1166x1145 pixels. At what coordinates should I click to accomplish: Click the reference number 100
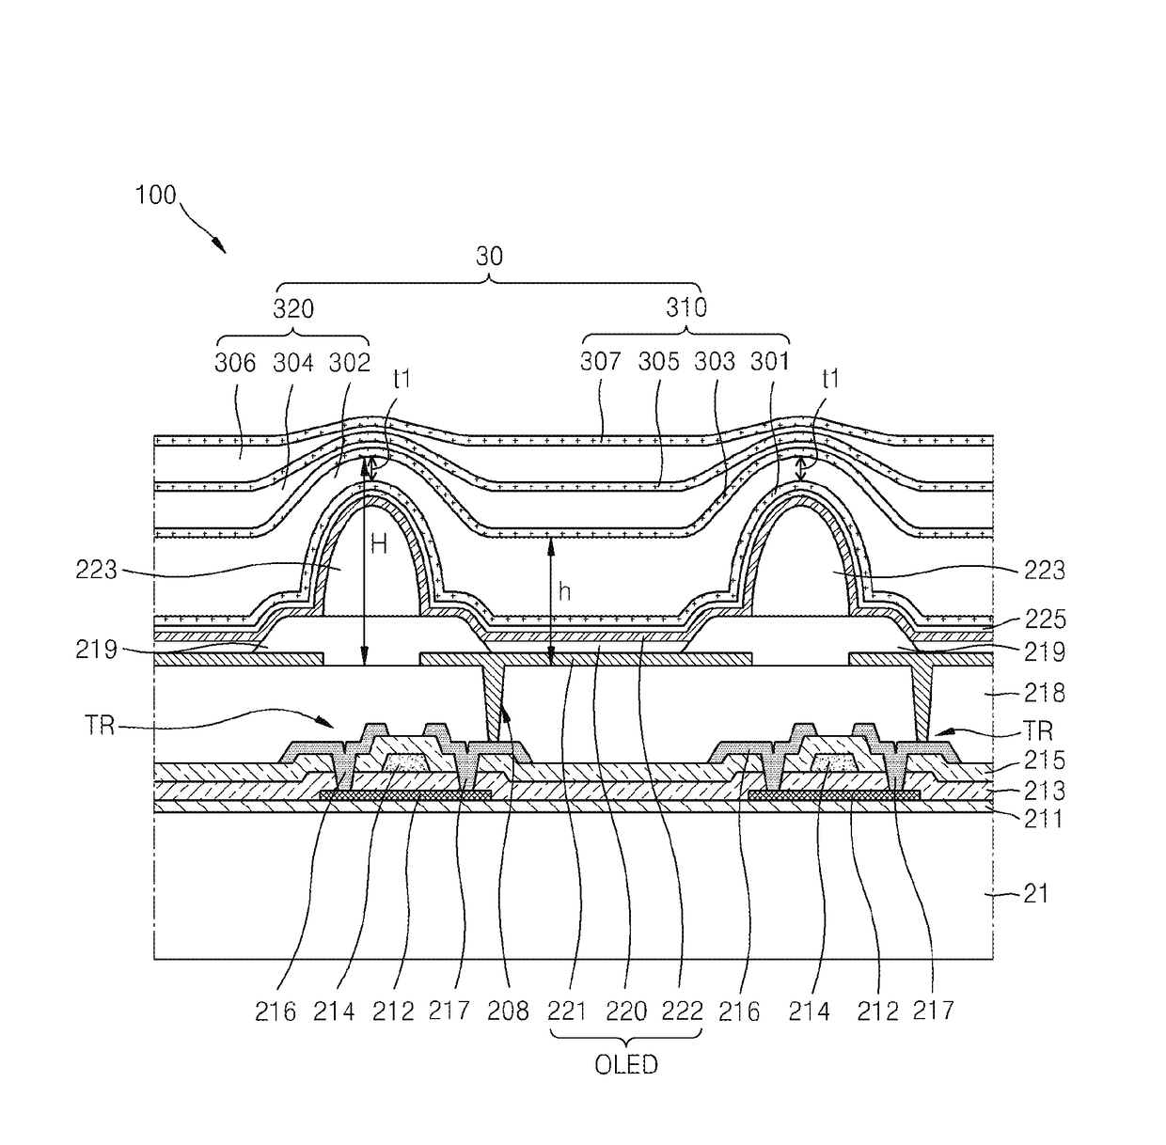[155, 196]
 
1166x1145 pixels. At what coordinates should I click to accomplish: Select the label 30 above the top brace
[489, 257]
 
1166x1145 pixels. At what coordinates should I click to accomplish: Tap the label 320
[293, 308]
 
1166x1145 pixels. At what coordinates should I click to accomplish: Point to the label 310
[686, 307]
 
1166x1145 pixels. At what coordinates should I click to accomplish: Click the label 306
[235, 362]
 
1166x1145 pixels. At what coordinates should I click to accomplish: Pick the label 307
[601, 361]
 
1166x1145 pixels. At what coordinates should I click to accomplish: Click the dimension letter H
[378, 544]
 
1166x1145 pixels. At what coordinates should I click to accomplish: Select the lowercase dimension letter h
[564, 591]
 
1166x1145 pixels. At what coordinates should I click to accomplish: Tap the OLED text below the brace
[626, 1065]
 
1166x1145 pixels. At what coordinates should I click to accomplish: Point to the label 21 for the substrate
[1036, 893]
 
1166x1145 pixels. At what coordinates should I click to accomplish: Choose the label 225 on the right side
[1045, 619]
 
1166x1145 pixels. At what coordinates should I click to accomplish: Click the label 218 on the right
[1045, 693]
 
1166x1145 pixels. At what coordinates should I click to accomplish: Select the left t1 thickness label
[402, 379]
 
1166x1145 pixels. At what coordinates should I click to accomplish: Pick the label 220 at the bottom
[626, 1012]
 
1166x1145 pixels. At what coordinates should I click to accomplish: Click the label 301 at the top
[770, 361]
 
